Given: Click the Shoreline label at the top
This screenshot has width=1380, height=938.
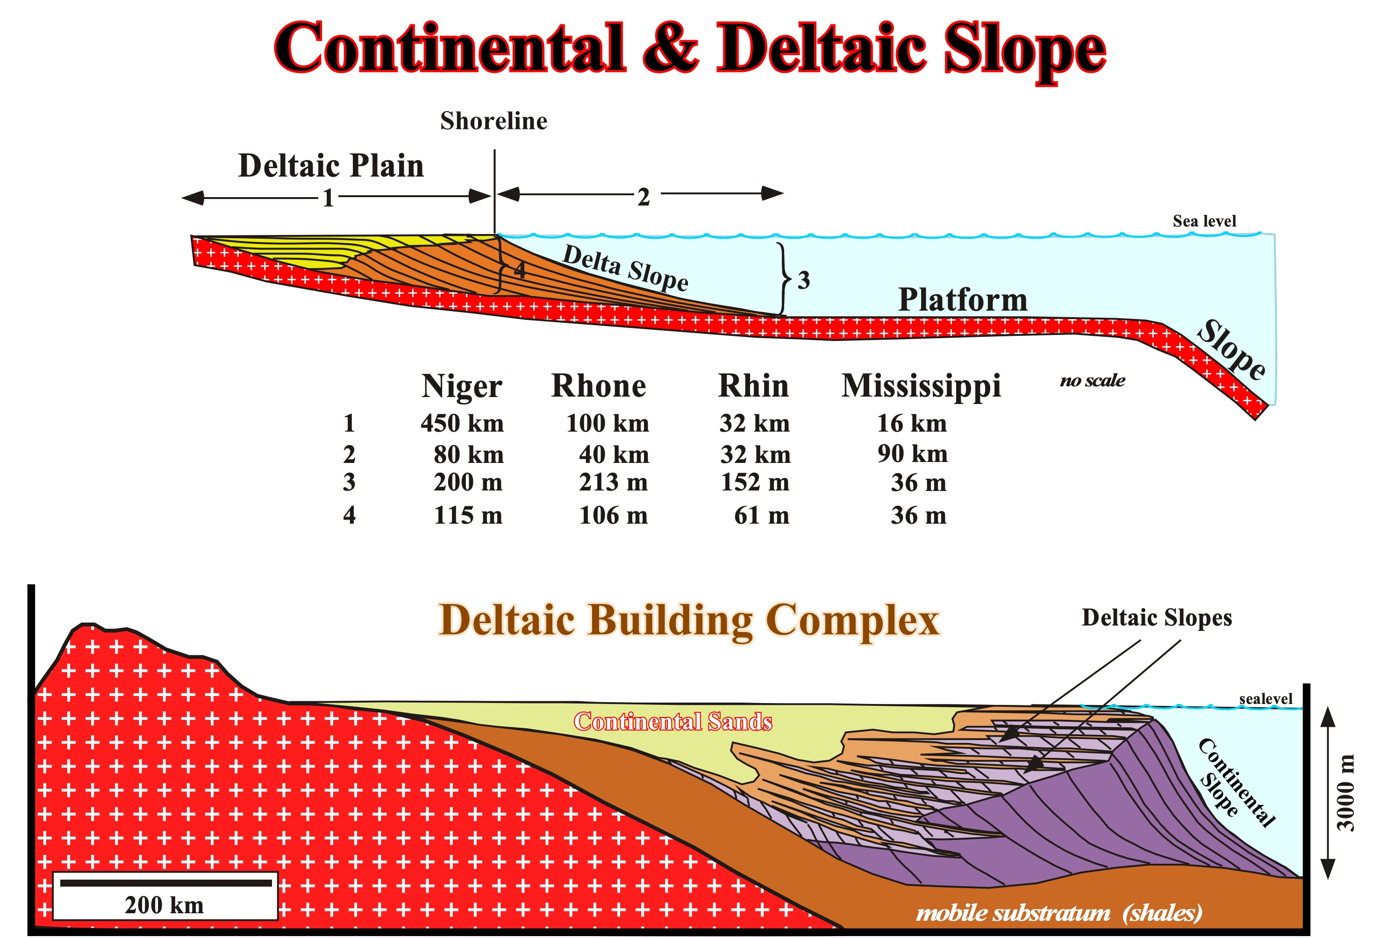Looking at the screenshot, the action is (x=493, y=121).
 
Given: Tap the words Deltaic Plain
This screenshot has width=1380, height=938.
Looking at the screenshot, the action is (x=331, y=166).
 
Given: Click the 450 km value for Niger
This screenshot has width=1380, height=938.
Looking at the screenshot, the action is (x=462, y=423).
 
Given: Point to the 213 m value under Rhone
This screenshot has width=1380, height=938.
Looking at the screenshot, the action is (x=614, y=482).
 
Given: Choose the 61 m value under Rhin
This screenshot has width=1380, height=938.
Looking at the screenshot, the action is (x=762, y=515).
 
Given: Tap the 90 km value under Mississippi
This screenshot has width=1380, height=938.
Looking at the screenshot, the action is (x=913, y=454).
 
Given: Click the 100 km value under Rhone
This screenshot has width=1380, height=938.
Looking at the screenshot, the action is (x=608, y=423).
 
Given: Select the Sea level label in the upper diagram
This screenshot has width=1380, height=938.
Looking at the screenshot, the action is (x=1204, y=221).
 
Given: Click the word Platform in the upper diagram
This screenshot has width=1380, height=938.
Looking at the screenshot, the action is (x=963, y=299).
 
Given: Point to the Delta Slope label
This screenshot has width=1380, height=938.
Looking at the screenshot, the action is (x=625, y=268).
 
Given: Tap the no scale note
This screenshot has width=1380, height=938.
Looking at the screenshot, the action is (x=1093, y=380).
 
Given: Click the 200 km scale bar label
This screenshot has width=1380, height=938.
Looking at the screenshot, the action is (x=164, y=905).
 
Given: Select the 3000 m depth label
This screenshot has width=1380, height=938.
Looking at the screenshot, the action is (x=1345, y=793).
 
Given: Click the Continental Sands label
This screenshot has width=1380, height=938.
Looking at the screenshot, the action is (x=673, y=721).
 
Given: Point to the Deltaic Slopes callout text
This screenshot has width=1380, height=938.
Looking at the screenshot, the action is (x=1157, y=618).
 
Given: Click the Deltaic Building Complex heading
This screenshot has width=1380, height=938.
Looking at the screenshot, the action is (x=689, y=621).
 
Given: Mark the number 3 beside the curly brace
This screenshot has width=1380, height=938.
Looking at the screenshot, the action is (x=803, y=280).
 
